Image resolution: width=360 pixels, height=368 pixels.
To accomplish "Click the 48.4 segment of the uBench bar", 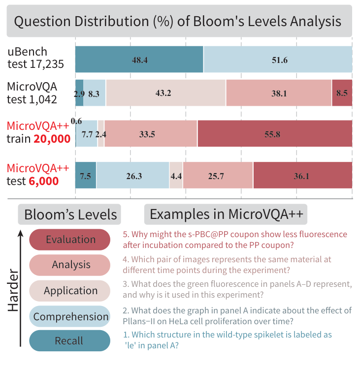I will (139, 60).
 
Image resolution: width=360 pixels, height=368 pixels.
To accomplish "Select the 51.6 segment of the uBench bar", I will (278, 60).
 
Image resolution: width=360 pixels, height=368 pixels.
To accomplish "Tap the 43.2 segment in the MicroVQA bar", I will (165, 92).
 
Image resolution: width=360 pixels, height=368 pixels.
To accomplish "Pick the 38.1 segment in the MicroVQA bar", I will (279, 92).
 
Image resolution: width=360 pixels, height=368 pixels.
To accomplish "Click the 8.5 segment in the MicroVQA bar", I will (342, 92).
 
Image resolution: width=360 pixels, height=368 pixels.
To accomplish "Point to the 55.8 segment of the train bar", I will (275, 134).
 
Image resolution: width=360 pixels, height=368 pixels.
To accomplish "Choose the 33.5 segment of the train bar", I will (151, 134).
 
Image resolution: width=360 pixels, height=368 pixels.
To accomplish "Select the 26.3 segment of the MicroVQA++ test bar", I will (132, 175).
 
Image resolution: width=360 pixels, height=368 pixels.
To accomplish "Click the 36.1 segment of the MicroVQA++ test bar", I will (303, 175).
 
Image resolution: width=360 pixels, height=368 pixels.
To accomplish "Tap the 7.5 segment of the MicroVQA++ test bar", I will (86, 175).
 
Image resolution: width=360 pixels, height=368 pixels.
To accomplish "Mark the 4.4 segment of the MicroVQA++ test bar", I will (176, 175).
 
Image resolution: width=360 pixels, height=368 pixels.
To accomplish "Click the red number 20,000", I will (52, 139).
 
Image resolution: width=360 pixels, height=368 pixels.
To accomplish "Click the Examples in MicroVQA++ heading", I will (226, 215).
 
